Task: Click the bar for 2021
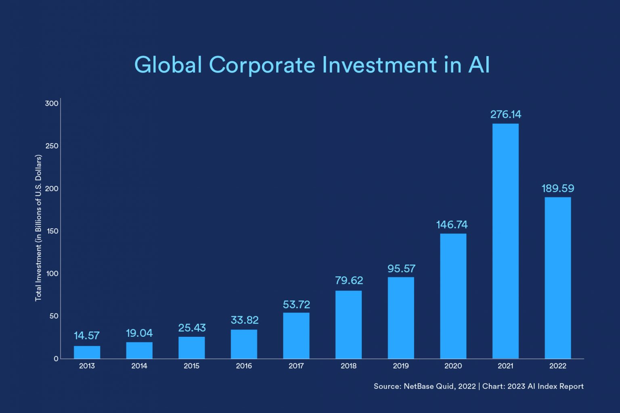pos(505,241)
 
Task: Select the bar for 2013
pos(87,352)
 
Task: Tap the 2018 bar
pos(348,325)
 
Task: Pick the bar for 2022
pos(557,278)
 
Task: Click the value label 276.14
pos(505,115)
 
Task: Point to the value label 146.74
pos(452,225)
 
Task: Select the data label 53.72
pos(296,305)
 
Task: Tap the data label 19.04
pos(139,333)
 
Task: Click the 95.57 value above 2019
pos(401,269)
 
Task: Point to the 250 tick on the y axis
pos(52,146)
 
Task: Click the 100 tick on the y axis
pos(52,273)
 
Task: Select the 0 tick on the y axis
pos(56,359)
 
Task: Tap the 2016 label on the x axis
pos(244,366)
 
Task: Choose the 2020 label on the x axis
pos(453,366)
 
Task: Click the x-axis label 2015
pos(191,366)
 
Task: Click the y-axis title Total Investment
pos(38,228)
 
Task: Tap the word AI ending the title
pos(479,65)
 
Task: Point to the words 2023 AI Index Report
pos(545,386)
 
